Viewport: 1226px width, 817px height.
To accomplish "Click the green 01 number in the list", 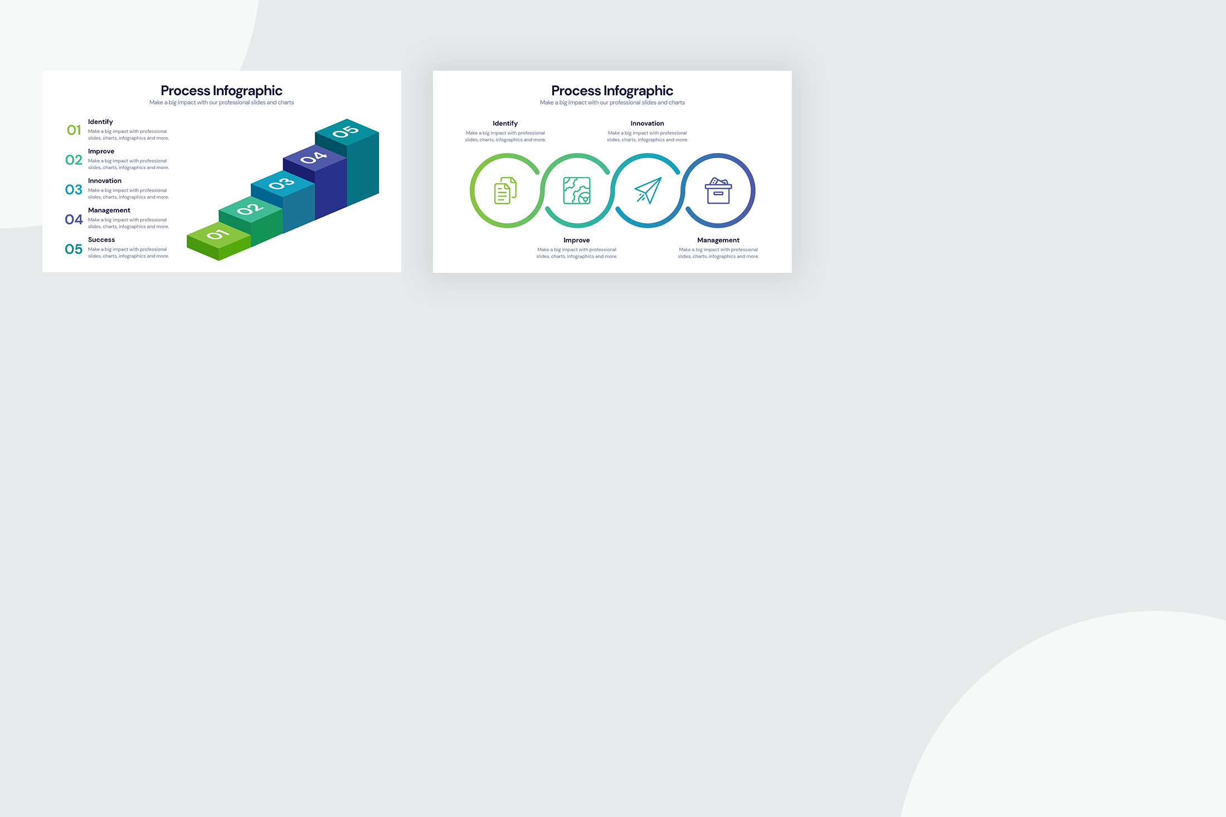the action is (x=74, y=130).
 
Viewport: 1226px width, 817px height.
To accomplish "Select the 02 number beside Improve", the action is (x=74, y=160).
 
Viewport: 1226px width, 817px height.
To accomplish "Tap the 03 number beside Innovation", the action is (x=74, y=190).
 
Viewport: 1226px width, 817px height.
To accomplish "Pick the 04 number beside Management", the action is (x=74, y=219).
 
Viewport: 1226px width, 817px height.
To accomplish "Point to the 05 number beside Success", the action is (x=74, y=249).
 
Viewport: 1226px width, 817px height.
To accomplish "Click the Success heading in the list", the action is (x=101, y=240).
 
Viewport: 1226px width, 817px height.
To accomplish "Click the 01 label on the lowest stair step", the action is (x=218, y=234).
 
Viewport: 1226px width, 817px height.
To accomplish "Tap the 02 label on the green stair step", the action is (x=250, y=209).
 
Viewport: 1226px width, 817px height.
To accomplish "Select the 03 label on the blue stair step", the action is (x=281, y=183).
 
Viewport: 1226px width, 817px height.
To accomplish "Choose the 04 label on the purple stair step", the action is (x=314, y=158).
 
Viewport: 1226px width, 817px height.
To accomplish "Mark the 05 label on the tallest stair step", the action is (x=346, y=131).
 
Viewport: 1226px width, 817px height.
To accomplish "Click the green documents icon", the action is (x=505, y=190).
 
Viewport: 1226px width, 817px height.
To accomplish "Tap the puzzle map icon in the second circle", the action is (x=577, y=190).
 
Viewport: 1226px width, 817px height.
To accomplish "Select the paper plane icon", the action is (x=648, y=190).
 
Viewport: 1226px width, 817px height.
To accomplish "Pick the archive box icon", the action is (x=718, y=190).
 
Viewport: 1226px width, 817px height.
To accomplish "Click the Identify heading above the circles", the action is (x=505, y=124).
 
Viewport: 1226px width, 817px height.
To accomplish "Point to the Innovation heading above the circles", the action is (x=648, y=124).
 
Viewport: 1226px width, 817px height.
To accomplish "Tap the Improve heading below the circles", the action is (x=577, y=241).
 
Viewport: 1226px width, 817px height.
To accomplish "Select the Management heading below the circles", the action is (x=718, y=241).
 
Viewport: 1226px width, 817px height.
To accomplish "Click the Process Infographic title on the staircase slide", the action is (x=222, y=91).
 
